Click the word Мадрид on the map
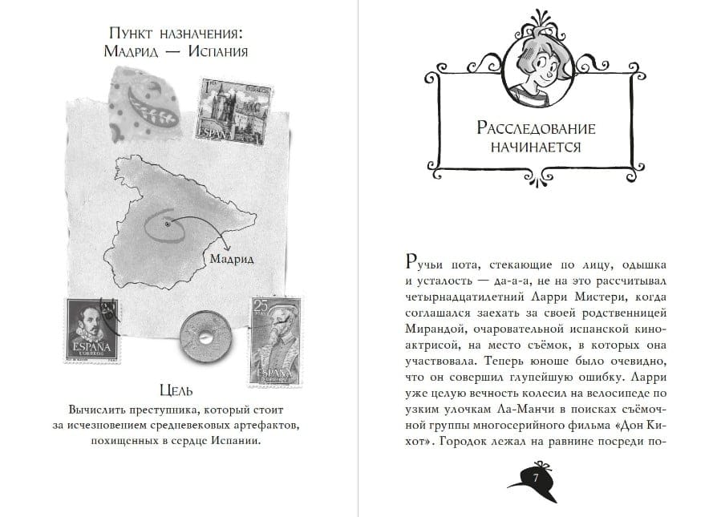pos(230,259)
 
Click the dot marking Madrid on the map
pos(167,225)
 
